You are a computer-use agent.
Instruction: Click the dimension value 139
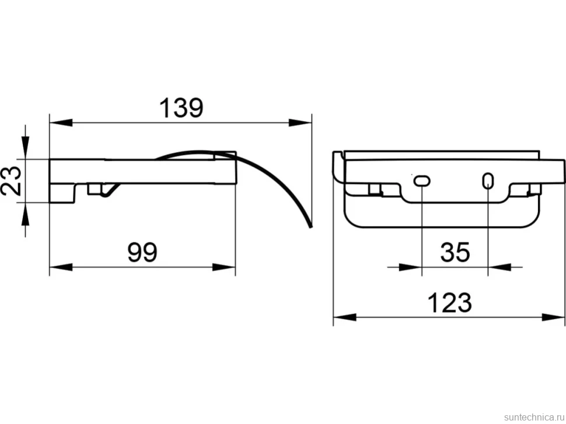(x=181, y=107)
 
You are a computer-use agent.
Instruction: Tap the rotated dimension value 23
(x=11, y=181)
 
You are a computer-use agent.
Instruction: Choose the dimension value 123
(x=449, y=303)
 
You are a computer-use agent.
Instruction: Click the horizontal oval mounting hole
(x=422, y=180)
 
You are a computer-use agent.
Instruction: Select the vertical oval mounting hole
(x=488, y=181)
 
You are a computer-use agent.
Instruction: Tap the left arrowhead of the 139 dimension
(x=61, y=123)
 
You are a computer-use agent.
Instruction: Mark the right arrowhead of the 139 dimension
(x=300, y=123)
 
